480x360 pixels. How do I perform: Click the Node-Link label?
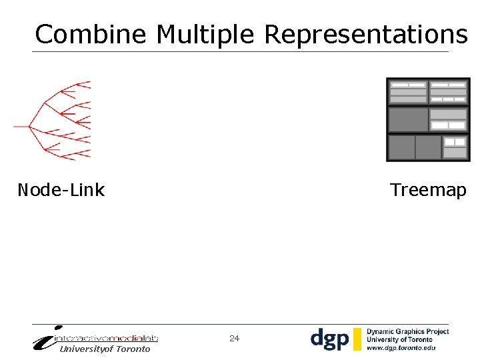pos(61,190)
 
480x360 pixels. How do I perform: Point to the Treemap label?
pos(428,190)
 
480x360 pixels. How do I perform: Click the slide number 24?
pos(234,339)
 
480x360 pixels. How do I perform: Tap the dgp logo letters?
pos(329,339)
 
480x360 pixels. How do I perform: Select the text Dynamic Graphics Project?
pos(407,331)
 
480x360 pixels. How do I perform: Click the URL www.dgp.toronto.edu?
pos(401,347)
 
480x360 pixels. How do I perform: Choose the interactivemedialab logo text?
pos(110,338)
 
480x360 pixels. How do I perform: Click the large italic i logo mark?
pos(47,338)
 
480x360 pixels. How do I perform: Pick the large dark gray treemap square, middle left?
pos(408,120)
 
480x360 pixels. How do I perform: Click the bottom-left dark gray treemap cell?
pos(401,147)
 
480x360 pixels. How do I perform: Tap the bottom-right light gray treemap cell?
pos(455,153)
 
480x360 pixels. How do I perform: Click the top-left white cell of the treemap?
pos(400,85)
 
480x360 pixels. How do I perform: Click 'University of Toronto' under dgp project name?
pos(399,339)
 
